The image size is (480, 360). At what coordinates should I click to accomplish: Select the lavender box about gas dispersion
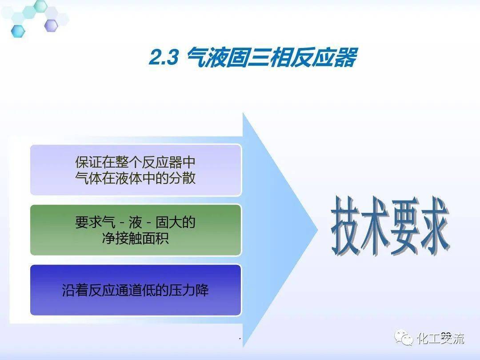[136, 169]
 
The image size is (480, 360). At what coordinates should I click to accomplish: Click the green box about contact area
[136, 230]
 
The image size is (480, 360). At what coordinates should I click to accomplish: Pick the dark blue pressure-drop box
[136, 290]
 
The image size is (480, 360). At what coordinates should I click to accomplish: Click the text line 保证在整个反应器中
[136, 162]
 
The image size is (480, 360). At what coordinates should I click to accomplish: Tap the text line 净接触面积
[136, 238]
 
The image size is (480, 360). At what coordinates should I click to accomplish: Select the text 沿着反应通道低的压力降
[136, 291]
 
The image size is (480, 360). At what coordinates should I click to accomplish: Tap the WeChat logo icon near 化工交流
[404, 339]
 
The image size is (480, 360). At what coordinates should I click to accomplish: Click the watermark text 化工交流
[440, 339]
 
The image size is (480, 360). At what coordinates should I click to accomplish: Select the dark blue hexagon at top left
[18, 31]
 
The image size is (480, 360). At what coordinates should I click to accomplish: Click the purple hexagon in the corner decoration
[51, 25]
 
